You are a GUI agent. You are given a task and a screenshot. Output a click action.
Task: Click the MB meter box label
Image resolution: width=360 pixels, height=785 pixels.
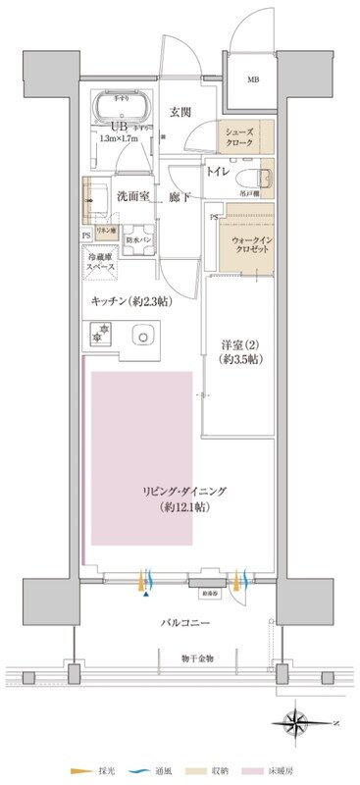253,79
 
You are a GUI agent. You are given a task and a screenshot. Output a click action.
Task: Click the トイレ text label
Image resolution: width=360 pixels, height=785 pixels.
218,171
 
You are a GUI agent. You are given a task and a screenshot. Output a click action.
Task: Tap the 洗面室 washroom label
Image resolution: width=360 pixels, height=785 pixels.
133,197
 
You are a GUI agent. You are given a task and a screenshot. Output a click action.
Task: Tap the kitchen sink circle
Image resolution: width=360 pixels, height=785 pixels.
144,340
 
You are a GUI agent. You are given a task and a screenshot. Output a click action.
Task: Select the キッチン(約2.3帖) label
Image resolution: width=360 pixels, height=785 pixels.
135,304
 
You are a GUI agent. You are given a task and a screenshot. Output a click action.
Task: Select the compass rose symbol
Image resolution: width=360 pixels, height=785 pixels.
297,726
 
